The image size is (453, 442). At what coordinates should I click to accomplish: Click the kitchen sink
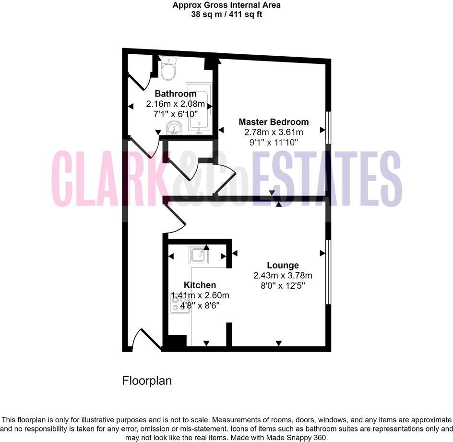point(198,255)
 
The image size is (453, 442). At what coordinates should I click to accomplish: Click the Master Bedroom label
point(274,122)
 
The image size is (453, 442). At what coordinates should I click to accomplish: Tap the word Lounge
point(283,265)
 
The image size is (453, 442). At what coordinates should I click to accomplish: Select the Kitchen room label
point(200,285)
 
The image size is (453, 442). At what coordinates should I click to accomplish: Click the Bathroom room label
point(175,94)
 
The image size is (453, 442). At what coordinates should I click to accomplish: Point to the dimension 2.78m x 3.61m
point(274,132)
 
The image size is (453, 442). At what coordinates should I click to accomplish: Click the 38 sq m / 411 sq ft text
point(226,14)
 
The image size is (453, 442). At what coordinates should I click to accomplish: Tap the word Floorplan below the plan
point(147,381)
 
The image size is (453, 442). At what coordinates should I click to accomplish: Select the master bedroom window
point(328,127)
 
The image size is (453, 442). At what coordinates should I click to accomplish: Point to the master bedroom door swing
point(224,179)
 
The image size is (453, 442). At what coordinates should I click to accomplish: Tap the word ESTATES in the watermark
point(326,179)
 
